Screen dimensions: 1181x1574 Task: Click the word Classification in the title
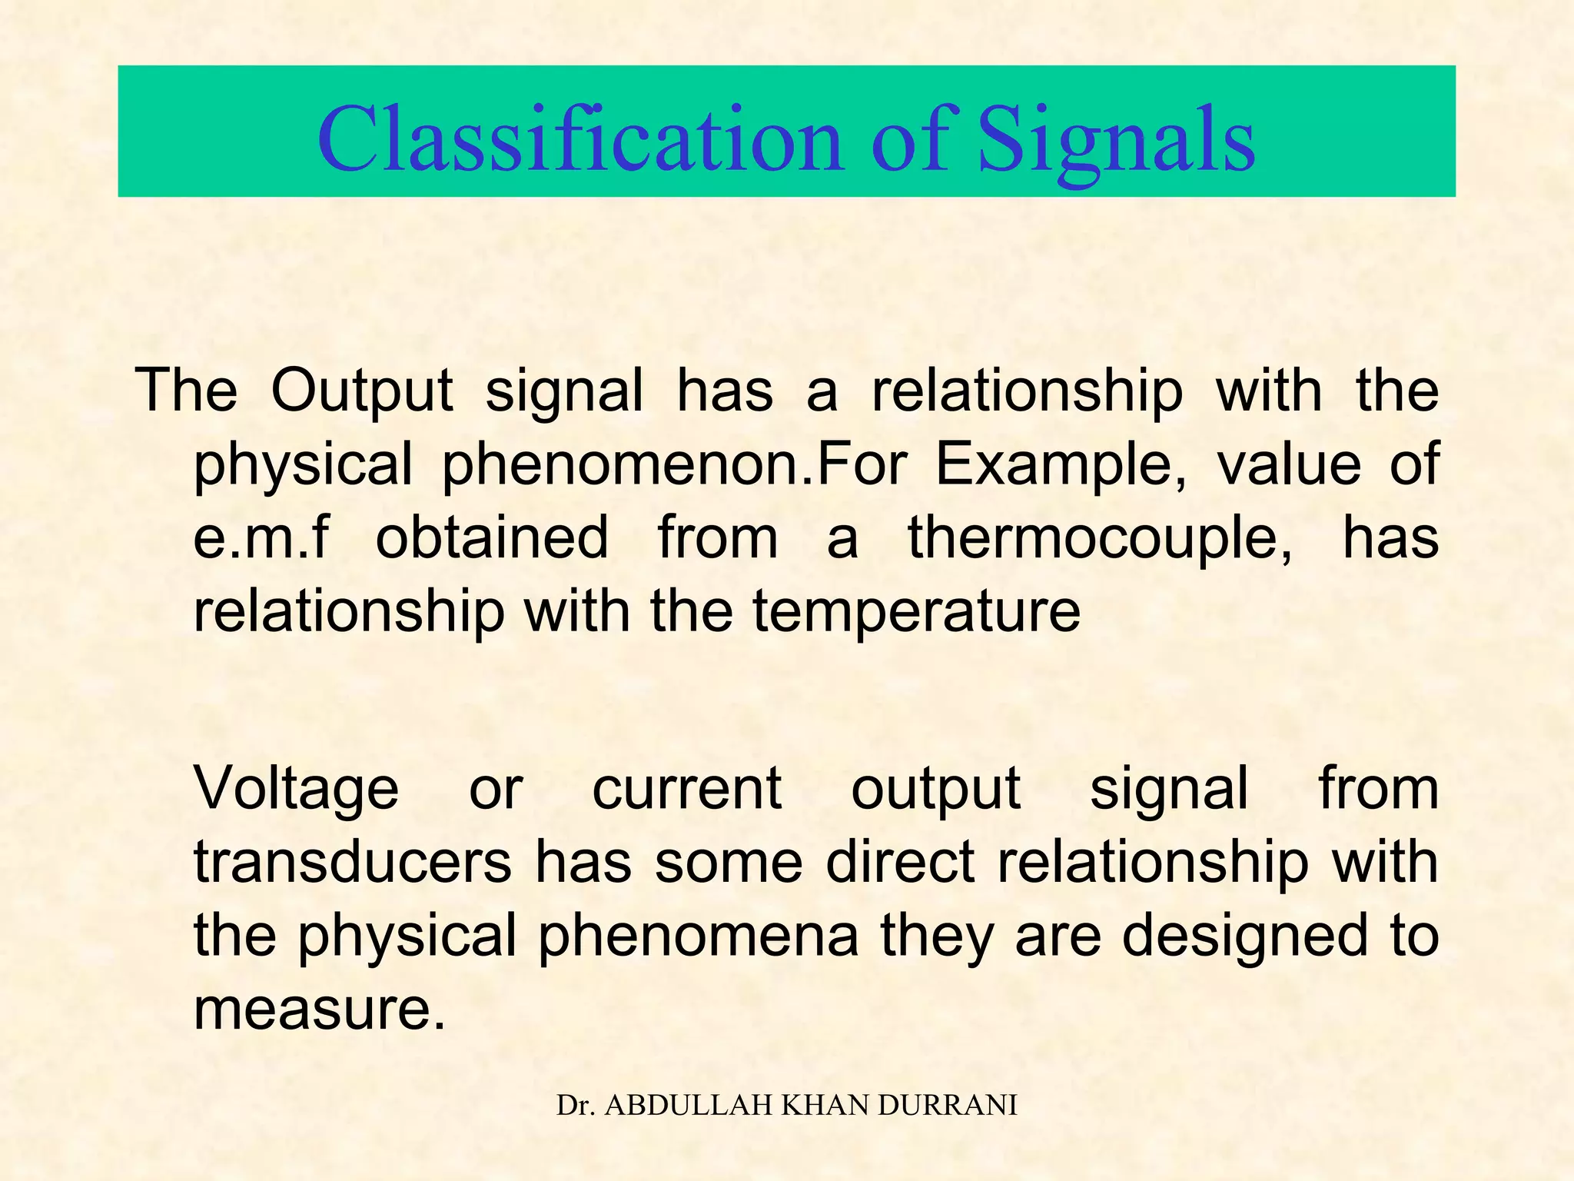click(580, 141)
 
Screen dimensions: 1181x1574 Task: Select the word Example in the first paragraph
click(1061, 464)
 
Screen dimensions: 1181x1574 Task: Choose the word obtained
click(492, 537)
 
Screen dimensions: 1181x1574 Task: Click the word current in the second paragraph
click(687, 789)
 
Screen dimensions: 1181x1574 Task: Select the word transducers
click(353, 862)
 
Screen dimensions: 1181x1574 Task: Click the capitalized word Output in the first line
click(362, 391)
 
